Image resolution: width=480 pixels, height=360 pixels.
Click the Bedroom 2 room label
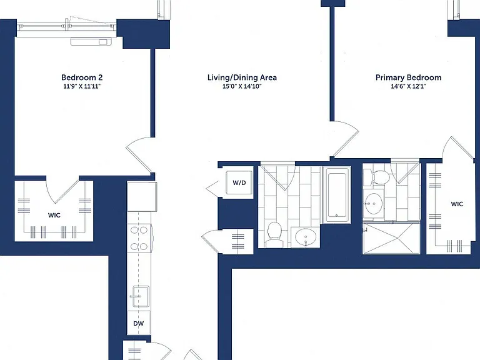pyautogui.click(x=82, y=77)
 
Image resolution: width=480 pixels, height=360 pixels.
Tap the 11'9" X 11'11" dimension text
pyautogui.click(x=82, y=86)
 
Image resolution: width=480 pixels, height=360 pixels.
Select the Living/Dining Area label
pyautogui.click(x=242, y=77)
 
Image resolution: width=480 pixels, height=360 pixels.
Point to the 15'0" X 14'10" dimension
pyautogui.click(x=242, y=86)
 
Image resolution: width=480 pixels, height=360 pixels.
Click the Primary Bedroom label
pyautogui.click(x=408, y=77)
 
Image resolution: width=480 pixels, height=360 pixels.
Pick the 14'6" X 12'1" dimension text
pyautogui.click(x=408, y=86)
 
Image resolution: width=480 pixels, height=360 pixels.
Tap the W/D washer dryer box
pyautogui.click(x=239, y=182)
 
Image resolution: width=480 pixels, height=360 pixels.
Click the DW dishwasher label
pyautogui.click(x=138, y=323)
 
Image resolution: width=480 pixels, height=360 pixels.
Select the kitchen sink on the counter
pyautogui.click(x=141, y=296)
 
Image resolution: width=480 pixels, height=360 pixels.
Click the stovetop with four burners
pyautogui.click(x=139, y=238)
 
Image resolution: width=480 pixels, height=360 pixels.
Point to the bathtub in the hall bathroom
pyautogui.click(x=337, y=194)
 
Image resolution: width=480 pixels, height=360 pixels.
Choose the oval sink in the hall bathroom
pyautogui.click(x=306, y=237)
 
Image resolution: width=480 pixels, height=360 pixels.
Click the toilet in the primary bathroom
pyautogui.click(x=376, y=177)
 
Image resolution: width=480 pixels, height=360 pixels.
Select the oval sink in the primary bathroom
pyautogui.click(x=373, y=204)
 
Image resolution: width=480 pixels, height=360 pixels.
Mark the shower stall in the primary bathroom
pyautogui.click(x=391, y=239)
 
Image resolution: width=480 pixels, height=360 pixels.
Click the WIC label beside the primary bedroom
pyautogui.click(x=457, y=204)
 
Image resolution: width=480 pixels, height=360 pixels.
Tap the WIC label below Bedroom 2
pyautogui.click(x=54, y=215)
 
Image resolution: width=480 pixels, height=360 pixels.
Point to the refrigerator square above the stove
pyautogui.click(x=142, y=196)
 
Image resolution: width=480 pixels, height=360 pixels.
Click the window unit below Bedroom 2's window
pyautogui.click(x=91, y=41)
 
